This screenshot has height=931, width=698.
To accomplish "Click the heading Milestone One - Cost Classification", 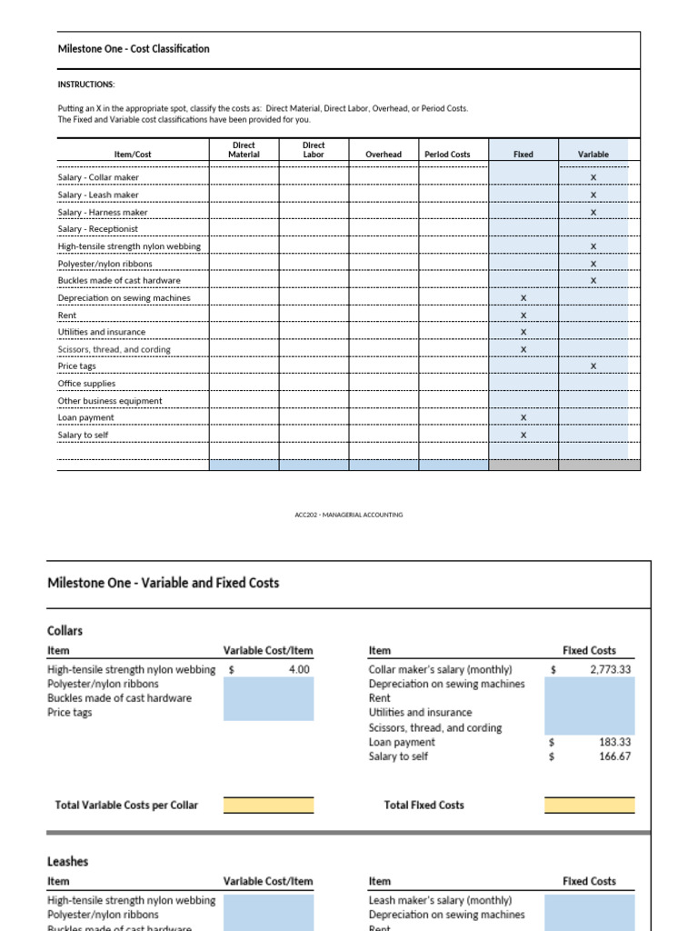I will (x=133, y=49).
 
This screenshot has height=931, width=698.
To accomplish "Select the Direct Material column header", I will (x=244, y=150).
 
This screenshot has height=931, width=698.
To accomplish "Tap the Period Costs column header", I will (x=447, y=155).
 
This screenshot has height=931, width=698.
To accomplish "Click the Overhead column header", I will (x=384, y=155).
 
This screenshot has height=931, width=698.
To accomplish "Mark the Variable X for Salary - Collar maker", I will (x=593, y=178).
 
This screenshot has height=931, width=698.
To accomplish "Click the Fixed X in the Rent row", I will (x=523, y=315).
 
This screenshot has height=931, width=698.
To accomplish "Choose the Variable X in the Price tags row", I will (x=593, y=366).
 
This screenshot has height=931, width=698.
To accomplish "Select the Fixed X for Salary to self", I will (x=523, y=435).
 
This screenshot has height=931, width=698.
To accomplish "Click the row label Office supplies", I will (x=86, y=384).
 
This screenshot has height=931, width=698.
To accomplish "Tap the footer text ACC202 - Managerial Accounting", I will (x=349, y=515).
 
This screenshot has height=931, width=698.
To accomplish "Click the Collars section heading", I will (x=65, y=629).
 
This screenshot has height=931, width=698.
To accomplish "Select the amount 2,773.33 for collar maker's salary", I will (x=610, y=669).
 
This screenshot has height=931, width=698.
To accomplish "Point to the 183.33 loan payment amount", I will (x=615, y=742).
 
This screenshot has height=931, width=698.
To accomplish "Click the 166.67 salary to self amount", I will (x=615, y=756).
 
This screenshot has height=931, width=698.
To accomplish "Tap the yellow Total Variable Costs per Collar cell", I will (x=268, y=806).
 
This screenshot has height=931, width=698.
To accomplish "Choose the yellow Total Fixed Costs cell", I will (x=590, y=806).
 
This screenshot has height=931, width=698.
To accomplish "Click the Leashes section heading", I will (x=67, y=861).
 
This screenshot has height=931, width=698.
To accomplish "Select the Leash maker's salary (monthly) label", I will (x=440, y=900).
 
